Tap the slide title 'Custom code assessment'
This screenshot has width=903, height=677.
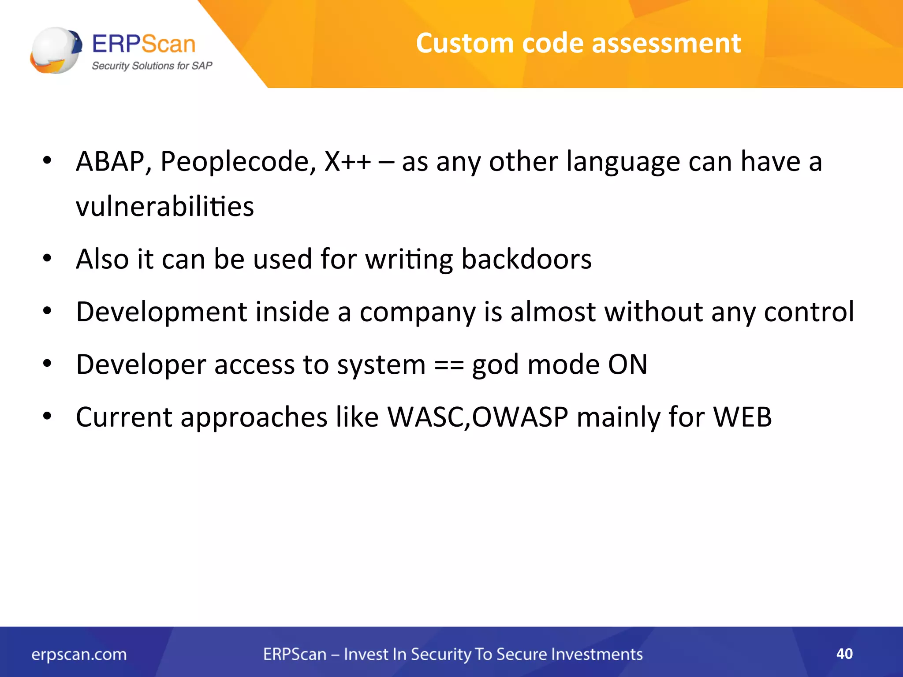tap(578, 43)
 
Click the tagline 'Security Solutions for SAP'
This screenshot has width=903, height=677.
tap(152, 66)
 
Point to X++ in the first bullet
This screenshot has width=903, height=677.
tap(347, 161)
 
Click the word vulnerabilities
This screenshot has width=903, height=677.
tap(165, 206)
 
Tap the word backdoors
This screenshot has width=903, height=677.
tap(526, 259)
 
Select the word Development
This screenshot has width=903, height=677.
tap(161, 312)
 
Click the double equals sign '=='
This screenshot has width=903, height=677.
tap(449, 365)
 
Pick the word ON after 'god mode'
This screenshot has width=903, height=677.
tap(627, 365)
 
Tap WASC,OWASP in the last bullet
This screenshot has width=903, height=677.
tap(478, 417)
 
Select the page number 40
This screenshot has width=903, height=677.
tap(844, 654)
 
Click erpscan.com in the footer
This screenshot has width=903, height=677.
tap(79, 655)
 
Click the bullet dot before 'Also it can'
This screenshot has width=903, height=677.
tap(47, 259)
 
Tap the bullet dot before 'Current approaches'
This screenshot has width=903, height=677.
tap(47, 416)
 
